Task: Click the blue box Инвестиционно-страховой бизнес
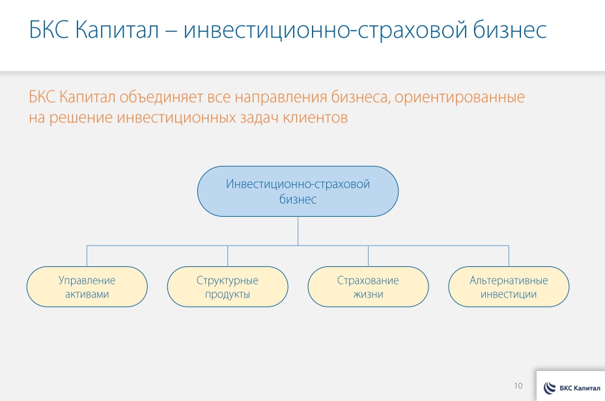click(x=298, y=191)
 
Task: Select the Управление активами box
click(x=87, y=287)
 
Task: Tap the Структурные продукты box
click(x=227, y=287)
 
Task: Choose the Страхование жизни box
click(x=368, y=287)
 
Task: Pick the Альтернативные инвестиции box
click(x=509, y=287)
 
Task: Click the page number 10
click(x=518, y=386)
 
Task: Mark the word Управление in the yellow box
click(x=87, y=281)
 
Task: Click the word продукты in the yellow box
click(x=227, y=294)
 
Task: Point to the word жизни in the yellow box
click(x=368, y=294)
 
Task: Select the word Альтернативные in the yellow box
click(x=509, y=281)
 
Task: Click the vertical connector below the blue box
click(x=298, y=230)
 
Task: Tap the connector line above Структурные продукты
click(x=227, y=256)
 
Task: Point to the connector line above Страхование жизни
click(x=368, y=256)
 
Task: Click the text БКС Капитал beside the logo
click(x=579, y=389)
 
